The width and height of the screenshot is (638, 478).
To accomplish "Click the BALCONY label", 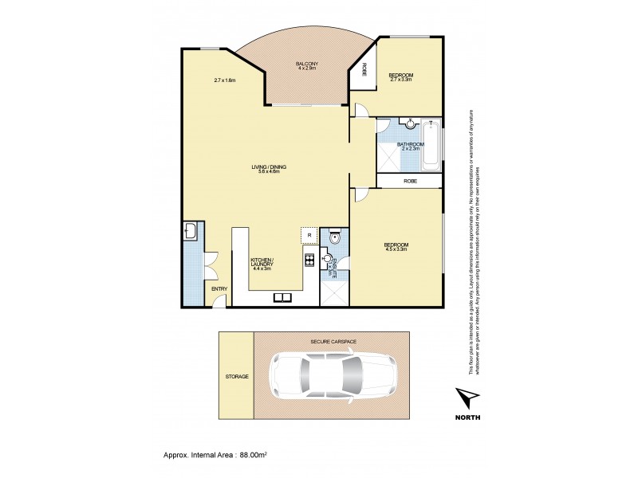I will pyautogui.click(x=307, y=65).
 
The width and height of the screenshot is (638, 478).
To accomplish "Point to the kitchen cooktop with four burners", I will pyautogui.click(x=308, y=259).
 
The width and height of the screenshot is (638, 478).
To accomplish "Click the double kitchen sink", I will pyautogui.click(x=282, y=298).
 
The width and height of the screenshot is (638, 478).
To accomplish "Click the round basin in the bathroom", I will pyautogui.click(x=410, y=123).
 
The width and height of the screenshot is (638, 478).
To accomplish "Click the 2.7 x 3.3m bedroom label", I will pyautogui.click(x=401, y=77).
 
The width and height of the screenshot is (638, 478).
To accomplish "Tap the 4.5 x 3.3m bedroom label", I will pyautogui.click(x=396, y=247).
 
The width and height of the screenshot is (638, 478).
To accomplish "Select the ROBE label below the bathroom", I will pyautogui.click(x=410, y=182).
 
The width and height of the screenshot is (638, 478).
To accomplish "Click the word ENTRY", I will pyautogui.click(x=217, y=288).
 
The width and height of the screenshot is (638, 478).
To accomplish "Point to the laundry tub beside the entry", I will pyautogui.click(x=191, y=232).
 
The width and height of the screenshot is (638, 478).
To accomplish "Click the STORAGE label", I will pyautogui.click(x=237, y=376).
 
